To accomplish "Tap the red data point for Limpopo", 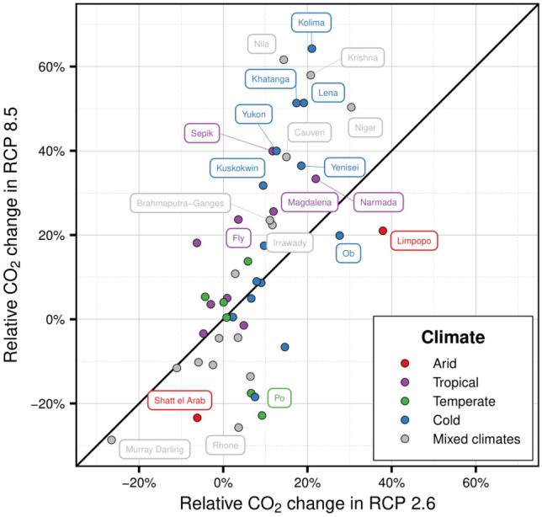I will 383,231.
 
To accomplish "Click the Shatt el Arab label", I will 180,401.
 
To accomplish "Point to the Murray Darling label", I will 154,450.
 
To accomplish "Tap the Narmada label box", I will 378,203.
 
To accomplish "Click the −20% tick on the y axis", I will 56,403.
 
